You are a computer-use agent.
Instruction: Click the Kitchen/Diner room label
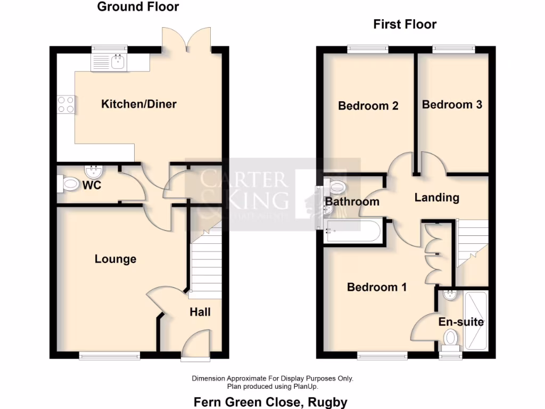click(x=138, y=104)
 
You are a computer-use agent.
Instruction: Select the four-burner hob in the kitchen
click(x=65, y=104)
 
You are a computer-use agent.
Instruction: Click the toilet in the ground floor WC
click(x=69, y=185)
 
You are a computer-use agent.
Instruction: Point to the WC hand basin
click(x=94, y=171)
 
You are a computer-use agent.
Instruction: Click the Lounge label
click(x=115, y=259)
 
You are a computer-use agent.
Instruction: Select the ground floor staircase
click(x=205, y=264)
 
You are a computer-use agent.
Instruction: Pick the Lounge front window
click(x=110, y=354)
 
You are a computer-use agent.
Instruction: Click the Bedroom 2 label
click(x=368, y=105)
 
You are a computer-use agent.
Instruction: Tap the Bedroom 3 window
click(x=453, y=49)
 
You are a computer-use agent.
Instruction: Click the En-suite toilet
click(x=451, y=338)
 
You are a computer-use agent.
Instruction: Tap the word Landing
click(x=436, y=198)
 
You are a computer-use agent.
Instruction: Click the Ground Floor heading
click(x=138, y=7)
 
